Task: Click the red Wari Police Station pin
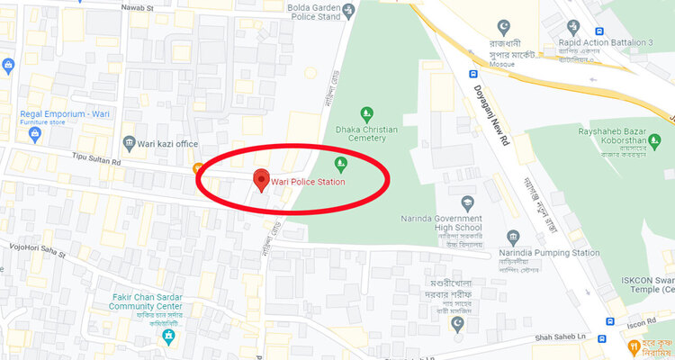262,180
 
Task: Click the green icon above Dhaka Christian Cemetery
366,114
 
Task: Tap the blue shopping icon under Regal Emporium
35,135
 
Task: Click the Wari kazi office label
166,144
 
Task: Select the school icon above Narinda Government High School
466,202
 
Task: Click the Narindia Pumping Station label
549,254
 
